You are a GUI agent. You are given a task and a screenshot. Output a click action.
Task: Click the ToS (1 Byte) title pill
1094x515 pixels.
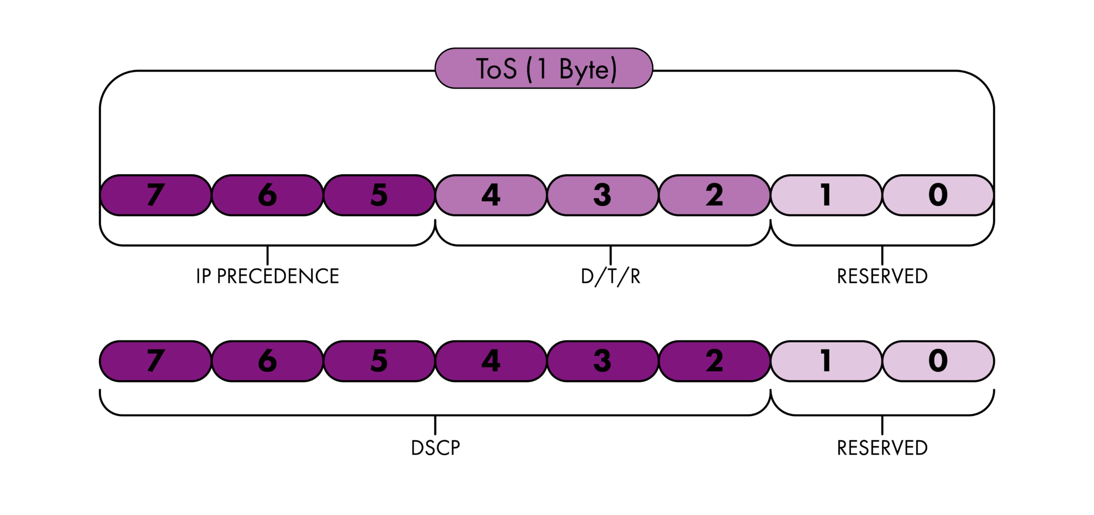click(x=544, y=68)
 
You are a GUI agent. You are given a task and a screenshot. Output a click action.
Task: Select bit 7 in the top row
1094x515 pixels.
click(x=155, y=195)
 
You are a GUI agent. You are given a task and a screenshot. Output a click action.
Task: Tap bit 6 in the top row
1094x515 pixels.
click(x=267, y=195)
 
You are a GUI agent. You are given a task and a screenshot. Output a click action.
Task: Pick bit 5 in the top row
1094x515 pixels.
click(x=379, y=195)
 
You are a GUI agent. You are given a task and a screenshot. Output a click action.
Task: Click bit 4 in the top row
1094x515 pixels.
click(x=491, y=195)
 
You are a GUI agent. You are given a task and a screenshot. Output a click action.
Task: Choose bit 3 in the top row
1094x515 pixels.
click(x=603, y=195)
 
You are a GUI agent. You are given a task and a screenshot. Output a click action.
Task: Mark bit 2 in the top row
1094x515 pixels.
click(x=714, y=195)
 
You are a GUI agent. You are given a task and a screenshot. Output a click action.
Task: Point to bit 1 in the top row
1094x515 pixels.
click(x=826, y=195)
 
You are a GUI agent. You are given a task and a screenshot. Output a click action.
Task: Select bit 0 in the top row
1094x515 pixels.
click(x=938, y=195)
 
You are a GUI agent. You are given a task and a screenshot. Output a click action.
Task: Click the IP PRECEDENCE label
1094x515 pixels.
click(x=267, y=276)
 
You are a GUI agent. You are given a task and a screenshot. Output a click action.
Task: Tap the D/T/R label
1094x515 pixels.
click(x=611, y=276)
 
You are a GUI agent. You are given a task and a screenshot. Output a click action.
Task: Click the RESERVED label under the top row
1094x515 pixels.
click(x=882, y=276)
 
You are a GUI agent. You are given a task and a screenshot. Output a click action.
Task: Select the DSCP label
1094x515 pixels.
click(x=435, y=448)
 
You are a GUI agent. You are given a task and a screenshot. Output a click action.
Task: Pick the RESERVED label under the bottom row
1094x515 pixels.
click(x=882, y=448)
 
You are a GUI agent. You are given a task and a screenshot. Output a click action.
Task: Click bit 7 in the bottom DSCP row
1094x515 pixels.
click(x=155, y=361)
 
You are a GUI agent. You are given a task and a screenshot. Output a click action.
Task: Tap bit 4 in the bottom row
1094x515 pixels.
click(x=491, y=361)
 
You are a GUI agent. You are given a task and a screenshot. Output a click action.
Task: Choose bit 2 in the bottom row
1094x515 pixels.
click(x=714, y=361)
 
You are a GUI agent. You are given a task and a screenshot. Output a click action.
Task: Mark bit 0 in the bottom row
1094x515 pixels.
click(x=938, y=361)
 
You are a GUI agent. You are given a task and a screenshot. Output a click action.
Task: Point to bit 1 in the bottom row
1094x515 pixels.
click(x=826, y=361)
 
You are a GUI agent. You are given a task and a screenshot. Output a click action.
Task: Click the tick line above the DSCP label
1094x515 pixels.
click(x=435, y=425)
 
